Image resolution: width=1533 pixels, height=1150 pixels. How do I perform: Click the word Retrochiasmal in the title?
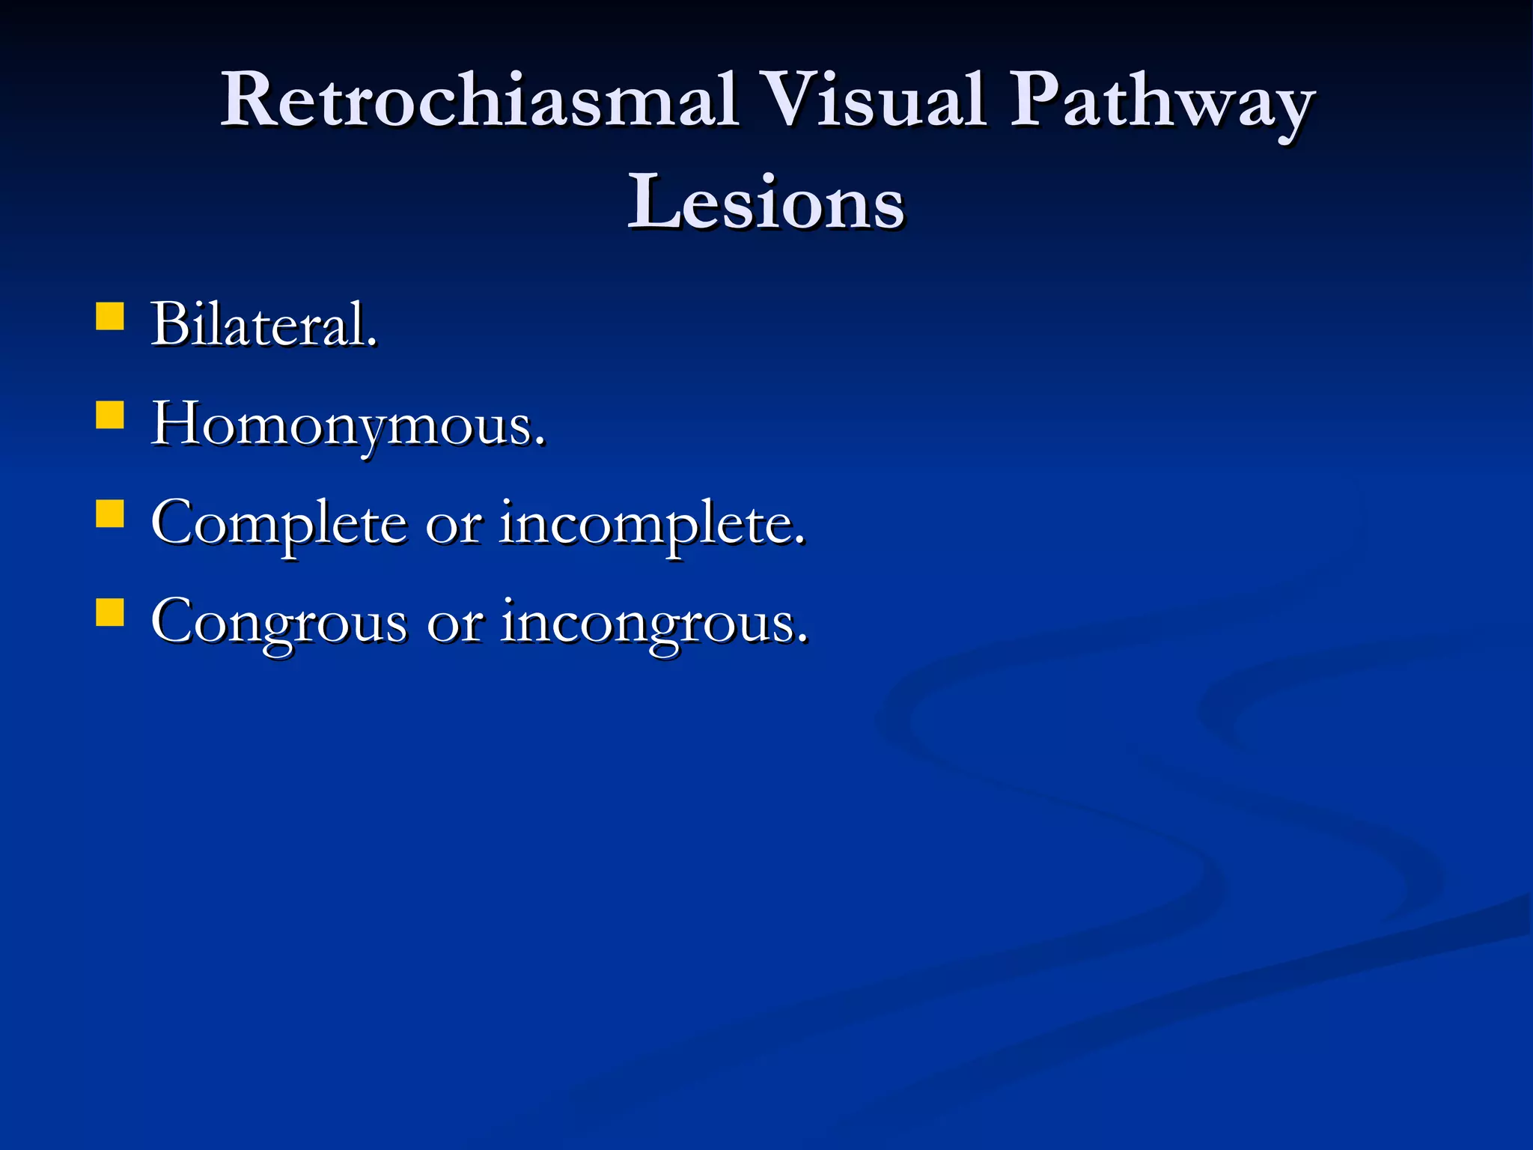(479, 101)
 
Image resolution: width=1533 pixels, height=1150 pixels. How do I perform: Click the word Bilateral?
(264, 325)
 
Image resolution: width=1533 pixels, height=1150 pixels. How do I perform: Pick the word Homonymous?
(348, 425)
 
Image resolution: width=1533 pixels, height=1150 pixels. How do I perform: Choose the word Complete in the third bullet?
(279, 524)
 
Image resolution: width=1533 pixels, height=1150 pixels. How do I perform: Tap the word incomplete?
(652, 524)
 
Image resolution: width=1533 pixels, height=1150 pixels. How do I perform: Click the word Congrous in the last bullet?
(279, 623)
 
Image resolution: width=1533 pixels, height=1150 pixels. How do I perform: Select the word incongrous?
(655, 623)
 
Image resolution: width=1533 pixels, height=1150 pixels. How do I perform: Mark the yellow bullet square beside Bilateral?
(110, 316)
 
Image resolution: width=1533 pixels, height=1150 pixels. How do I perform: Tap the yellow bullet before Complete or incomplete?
(110, 514)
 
